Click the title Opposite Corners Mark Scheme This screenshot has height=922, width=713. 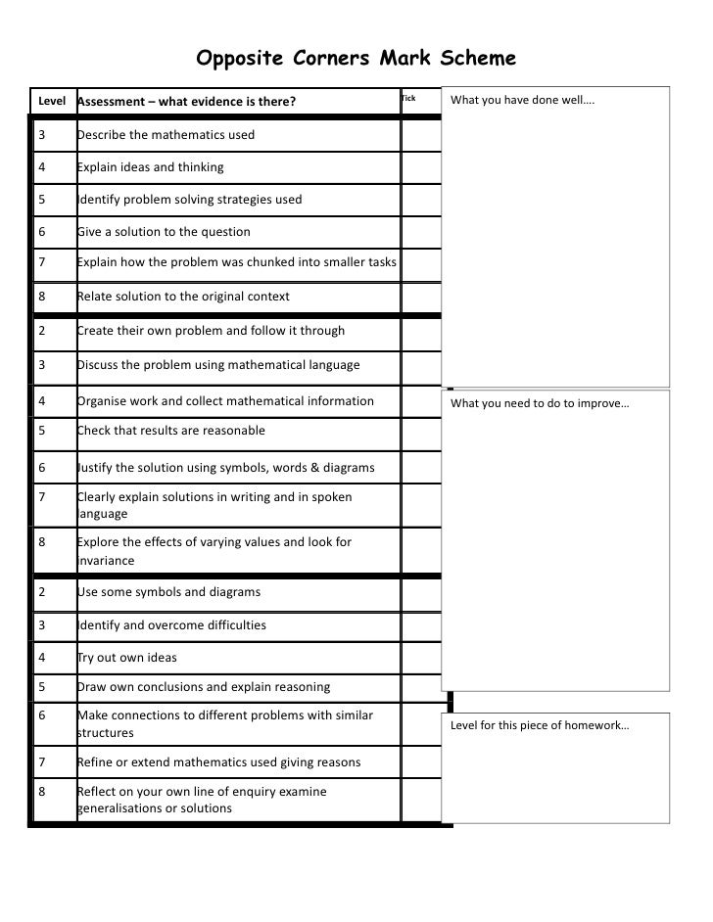pos(356,59)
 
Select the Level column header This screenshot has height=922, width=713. pos(51,101)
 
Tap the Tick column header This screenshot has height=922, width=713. pos(409,99)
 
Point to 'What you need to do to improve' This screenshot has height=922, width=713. pos(540,403)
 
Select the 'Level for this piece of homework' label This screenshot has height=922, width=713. pos(540,725)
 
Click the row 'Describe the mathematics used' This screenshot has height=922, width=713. pos(166,134)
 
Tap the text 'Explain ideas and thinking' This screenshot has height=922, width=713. pos(150,166)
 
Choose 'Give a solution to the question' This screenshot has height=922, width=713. pos(164,232)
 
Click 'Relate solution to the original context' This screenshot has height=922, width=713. pos(183,297)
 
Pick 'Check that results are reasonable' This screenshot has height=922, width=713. pos(170,431)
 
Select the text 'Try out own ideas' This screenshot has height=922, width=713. pos(127,658)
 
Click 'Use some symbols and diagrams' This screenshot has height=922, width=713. pos(168,592)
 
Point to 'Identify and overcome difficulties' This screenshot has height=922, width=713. pos(171,625)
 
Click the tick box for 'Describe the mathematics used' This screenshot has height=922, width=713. pos(421,134)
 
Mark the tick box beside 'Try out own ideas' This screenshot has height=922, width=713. pos(421,658)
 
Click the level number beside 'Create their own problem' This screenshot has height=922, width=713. pos(42,331)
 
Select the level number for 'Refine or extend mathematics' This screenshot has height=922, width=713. pos(42,762)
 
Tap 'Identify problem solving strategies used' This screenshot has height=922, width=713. pos(189,200)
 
